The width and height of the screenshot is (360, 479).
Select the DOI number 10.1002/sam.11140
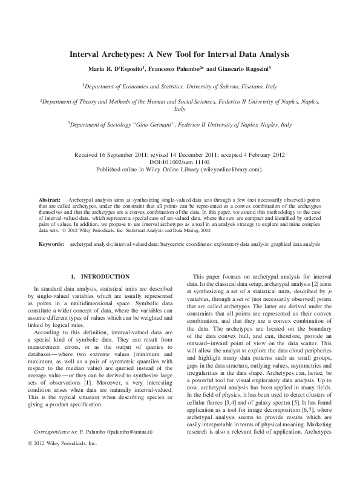tap(180, 162)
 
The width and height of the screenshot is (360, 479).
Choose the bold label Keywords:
tap(51, 243)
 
